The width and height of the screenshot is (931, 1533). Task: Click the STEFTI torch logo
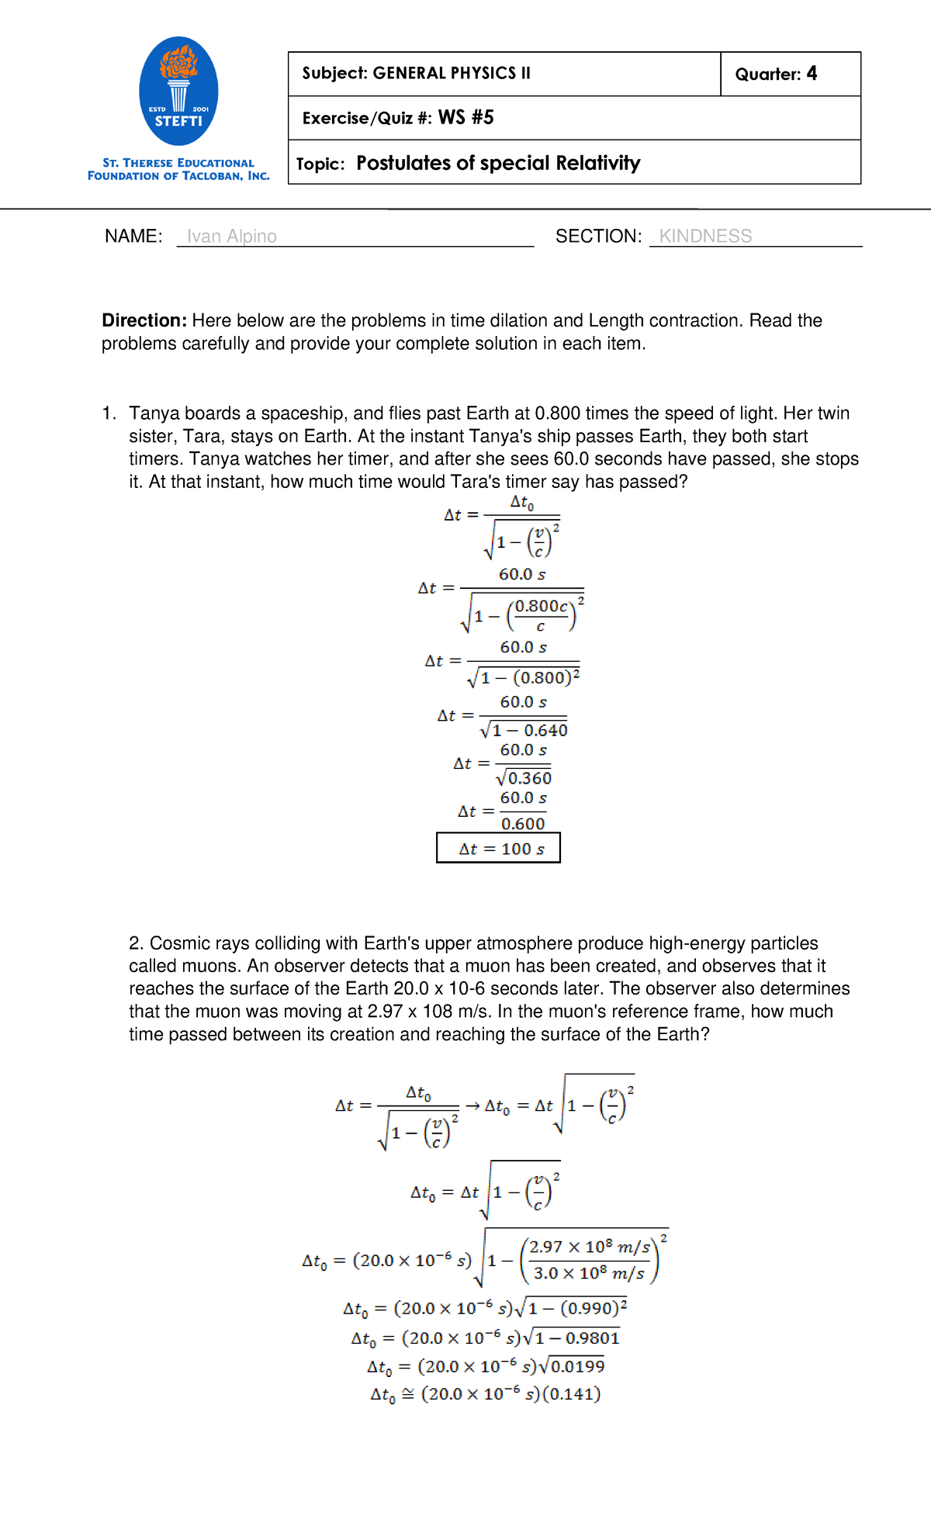tap(178, 91)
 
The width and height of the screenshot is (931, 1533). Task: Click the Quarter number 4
tap(812, 73)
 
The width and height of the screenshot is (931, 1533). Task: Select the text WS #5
tap(466, 117)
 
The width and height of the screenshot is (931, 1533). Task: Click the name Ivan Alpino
tap(231, 236)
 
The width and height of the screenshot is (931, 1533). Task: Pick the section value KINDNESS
tap(705, 236)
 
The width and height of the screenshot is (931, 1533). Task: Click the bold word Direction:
tap(144, 320)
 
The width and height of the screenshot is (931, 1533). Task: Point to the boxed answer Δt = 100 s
tap(498, 848)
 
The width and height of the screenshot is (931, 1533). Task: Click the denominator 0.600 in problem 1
tap(523, 824)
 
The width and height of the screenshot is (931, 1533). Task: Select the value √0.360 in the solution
tap(524, 778)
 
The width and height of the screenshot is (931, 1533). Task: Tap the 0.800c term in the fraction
tap(542, 606)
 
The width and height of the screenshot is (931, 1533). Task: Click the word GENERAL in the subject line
tap(409, 73)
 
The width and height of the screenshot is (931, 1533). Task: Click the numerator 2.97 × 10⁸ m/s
tap(590, 1247)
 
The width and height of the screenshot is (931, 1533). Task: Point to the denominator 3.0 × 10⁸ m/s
tap(589, 1273)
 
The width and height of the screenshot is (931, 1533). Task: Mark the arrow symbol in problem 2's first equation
tap(472, 1106)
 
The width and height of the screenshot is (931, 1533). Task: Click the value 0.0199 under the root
tap(577, 1366)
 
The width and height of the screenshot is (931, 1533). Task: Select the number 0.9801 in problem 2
tap(592, 1337)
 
